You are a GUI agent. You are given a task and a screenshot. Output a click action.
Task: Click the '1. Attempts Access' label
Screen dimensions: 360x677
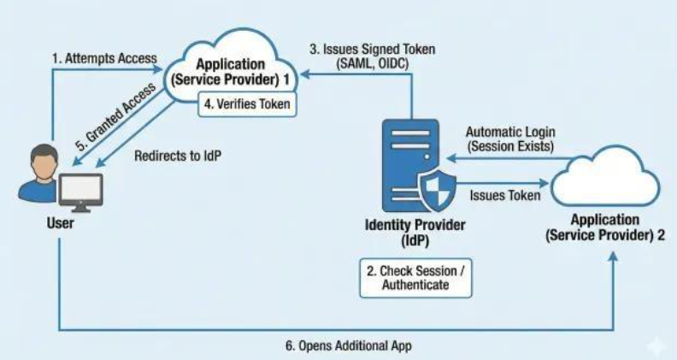(x=104, y=58)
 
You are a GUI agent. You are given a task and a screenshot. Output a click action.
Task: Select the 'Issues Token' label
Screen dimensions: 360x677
(x=504, y=196)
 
